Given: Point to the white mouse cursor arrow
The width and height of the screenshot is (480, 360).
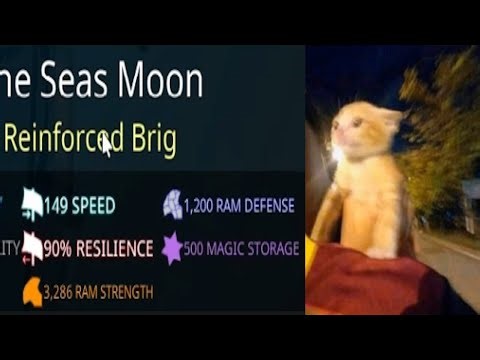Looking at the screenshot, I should pos(106,146).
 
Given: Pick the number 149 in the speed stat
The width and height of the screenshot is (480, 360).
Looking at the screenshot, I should pos(58,206).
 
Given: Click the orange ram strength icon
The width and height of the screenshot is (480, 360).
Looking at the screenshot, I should pos(31,291).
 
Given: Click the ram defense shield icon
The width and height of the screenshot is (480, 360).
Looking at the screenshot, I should pos(171,205).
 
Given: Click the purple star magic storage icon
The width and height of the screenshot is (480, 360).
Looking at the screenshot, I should pos(171,247).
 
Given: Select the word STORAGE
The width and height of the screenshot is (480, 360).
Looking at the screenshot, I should pos(270,248).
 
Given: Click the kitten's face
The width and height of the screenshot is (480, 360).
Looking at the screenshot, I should pos(352,131).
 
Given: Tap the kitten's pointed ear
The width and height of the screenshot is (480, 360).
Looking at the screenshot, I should pos(392,117).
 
